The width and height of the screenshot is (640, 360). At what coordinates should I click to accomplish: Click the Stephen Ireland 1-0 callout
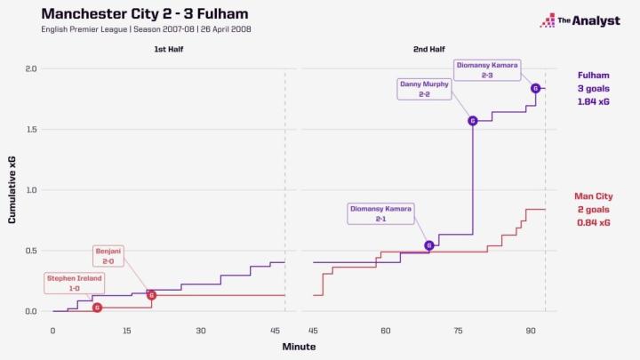[x=75, y=284]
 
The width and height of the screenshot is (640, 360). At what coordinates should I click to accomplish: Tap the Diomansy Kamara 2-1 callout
[x=380, y=213]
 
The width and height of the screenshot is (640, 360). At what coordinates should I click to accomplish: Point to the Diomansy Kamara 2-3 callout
[x=486, y=70]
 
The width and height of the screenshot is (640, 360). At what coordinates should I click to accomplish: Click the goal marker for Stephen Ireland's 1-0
[x=97, y=308]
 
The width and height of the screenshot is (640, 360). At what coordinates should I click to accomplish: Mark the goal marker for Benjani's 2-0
[x=151, y=295]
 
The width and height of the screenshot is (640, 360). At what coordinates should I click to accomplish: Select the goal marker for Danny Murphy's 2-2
[x=473, y=121]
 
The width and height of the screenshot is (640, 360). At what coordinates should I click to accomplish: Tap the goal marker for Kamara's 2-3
[x=535, y=88]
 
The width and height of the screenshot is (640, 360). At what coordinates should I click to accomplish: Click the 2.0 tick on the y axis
[x=30, y=68]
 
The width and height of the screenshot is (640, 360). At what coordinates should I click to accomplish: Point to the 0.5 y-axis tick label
[x=30, y=251]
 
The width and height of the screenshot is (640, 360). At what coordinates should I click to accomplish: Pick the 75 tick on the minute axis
[x=458, y=330]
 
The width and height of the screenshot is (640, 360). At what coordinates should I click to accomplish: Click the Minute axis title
[x=299, y=346]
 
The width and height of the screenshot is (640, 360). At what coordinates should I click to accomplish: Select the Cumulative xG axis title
[x=12, y=190]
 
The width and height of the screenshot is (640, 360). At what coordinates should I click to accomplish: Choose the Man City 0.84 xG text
[x=593, y=222]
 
